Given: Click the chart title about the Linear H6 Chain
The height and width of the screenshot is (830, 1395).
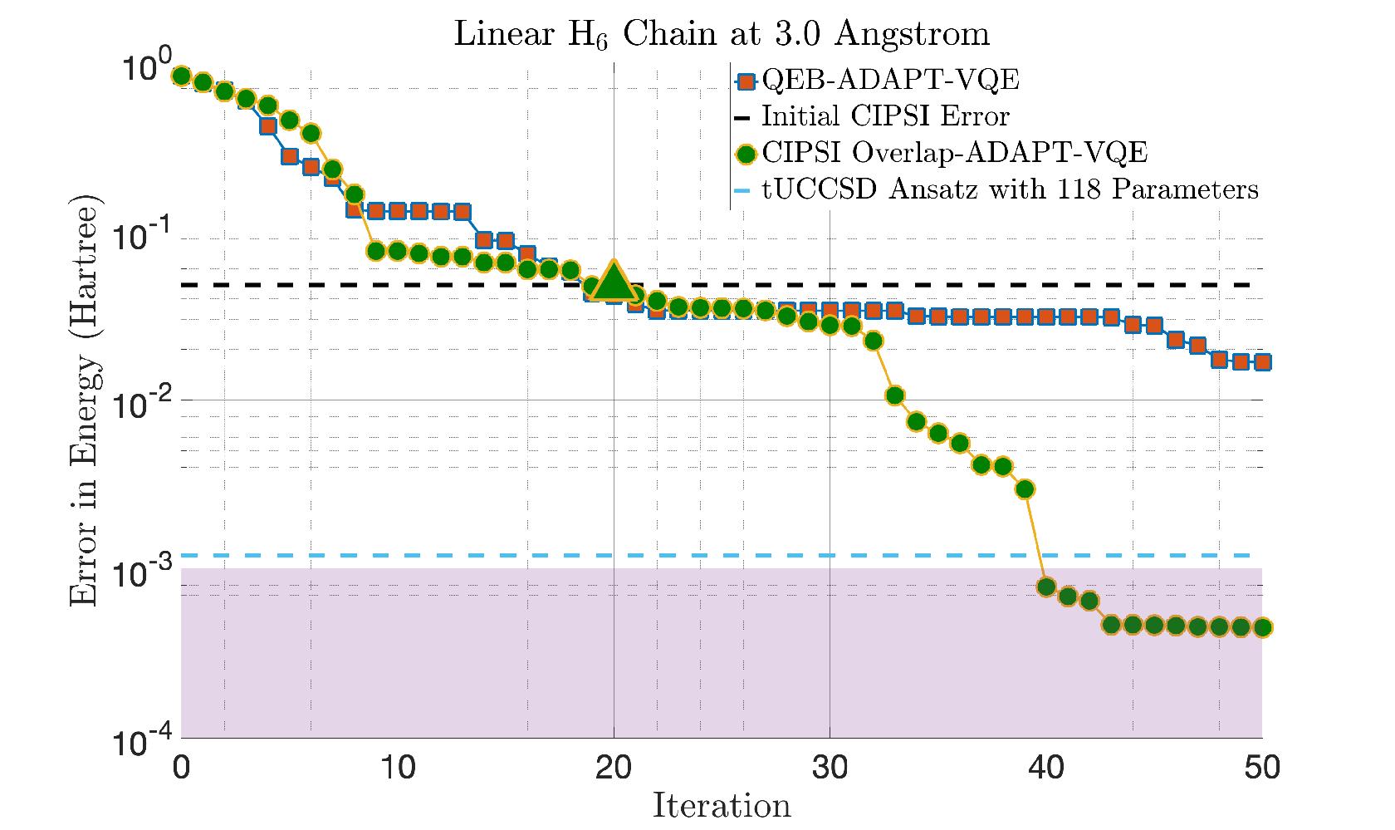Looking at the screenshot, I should (x=721, y=35).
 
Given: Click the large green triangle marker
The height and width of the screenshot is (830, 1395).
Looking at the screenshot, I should (x=614, y=281).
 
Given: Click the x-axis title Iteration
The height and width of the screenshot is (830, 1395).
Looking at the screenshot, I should (x=721, y=805).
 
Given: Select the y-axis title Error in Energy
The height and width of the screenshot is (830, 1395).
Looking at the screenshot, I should (x=82, y=402).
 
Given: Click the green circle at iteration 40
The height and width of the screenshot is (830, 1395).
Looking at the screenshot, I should (x=1046, y=587).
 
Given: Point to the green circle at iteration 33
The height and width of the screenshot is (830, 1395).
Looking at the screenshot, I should (x=895, y=395).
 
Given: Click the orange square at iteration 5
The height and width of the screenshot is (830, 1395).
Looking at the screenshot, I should (x=289, y=156).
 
